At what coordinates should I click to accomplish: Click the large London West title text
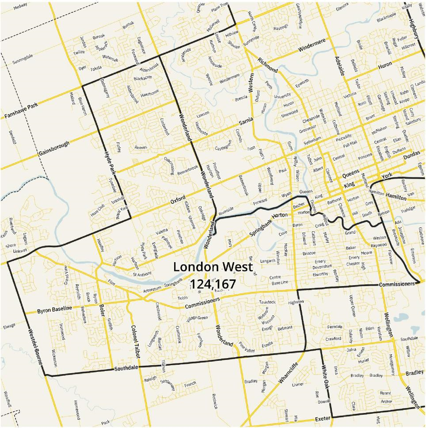(x=213, y=267)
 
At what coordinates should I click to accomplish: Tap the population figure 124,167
(x=213, y=284)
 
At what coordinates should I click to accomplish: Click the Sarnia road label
(x=246, y=121)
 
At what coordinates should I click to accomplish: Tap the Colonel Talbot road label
(x=135, y=341)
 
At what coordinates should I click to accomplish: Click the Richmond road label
(x=268, y=65)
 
